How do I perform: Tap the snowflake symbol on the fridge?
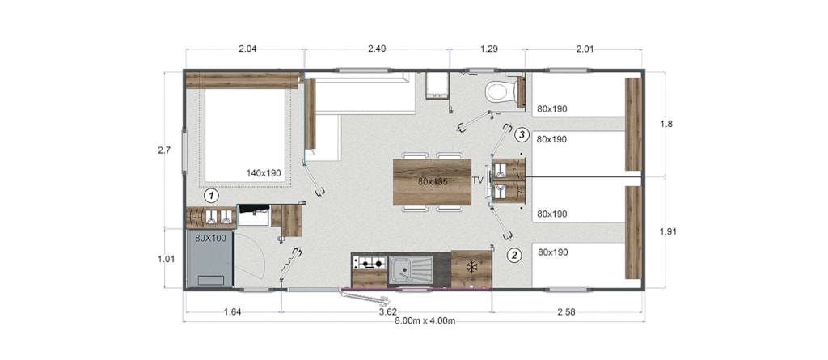[471, 268]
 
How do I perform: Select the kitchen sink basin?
[400, 268]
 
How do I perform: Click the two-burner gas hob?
[370, 261]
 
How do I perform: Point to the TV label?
[478, 180]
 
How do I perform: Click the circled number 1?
[212, 196]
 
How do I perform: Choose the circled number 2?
[514, 256]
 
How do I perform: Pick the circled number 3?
[522, 134]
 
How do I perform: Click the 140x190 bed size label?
[264, 173]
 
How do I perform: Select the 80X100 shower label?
[210, 239]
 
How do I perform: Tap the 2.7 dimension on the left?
[163, 150]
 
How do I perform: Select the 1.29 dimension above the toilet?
[488, 49]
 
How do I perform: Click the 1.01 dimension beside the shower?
[166, 259]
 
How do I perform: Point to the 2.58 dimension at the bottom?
[566, 312]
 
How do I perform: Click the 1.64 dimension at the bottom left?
[232, 312]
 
